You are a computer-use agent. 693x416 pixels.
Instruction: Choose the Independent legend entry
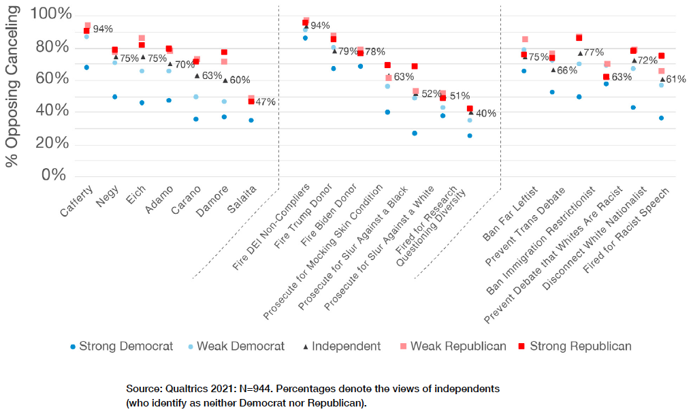pos(340,346)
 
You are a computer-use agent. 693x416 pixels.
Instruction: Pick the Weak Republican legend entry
pos(452,346)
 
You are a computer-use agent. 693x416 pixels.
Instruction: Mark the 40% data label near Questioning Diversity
pos(485,114)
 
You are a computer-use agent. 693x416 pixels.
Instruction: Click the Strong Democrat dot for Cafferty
pos(86,67)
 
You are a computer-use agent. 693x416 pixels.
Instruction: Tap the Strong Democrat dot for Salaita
pos(251,120)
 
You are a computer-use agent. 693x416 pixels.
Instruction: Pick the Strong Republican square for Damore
pos(224,52)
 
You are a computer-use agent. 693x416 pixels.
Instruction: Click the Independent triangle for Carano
pos(197,76)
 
